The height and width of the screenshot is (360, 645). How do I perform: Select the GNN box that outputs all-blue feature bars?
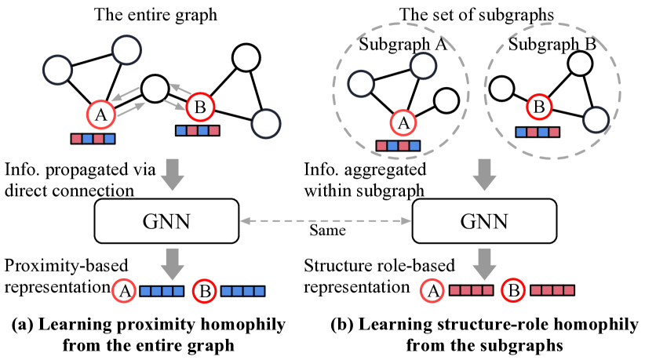pos(166,221)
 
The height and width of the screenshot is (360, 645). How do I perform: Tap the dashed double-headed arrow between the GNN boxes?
pos(325,222)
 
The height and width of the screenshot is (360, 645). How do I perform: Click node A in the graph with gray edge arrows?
pos(100,115)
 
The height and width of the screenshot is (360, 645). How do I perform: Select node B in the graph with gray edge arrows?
pos(199,107)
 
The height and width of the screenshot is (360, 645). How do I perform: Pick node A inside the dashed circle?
pos(403,123)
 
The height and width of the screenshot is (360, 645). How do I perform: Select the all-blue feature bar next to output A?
pos(162,291)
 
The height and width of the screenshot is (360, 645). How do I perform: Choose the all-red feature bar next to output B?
pos(552,290)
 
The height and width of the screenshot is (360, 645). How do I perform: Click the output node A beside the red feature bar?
pos(431,291)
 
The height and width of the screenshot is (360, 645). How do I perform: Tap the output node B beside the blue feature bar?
pos(205,292)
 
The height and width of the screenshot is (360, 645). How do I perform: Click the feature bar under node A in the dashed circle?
pos(398,145)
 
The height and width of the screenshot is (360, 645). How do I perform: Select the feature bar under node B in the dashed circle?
pos(537,132)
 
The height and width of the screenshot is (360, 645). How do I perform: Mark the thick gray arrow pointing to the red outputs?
pos(484,264)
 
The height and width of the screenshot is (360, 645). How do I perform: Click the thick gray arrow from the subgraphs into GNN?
pos(484,175)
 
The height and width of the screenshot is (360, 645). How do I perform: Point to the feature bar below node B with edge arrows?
pos(198,130)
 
